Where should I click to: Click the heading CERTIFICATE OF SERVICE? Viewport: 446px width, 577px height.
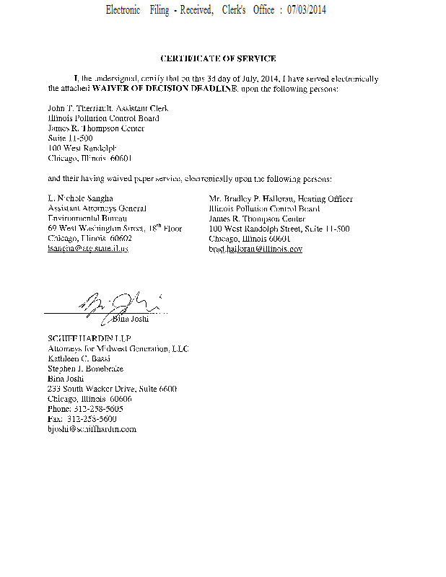coord(218,58)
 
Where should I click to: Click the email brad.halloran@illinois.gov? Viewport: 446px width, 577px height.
coord(255,248)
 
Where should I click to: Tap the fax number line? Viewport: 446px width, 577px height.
coord(82,418)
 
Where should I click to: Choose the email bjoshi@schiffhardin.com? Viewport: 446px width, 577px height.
coord(92,428)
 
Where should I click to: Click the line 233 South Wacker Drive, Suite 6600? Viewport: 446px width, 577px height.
coord(112,389)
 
